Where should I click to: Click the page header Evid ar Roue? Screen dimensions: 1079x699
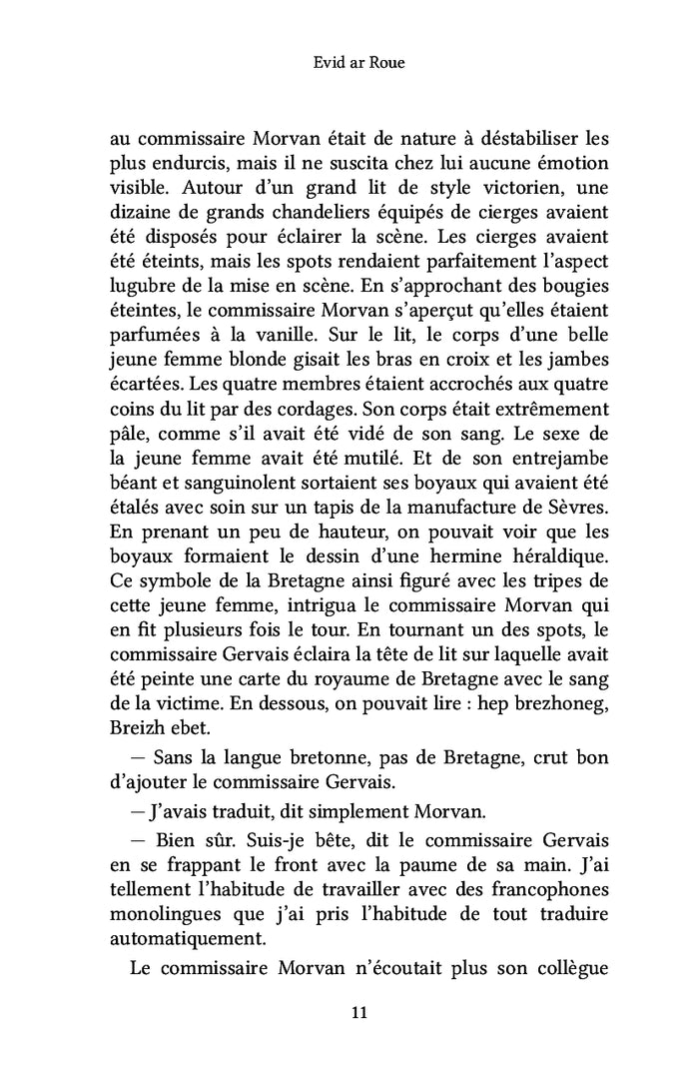tap(349, 66)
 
